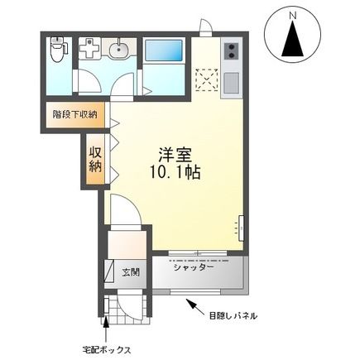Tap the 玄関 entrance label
click(131, 271)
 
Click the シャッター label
click(194, 266)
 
